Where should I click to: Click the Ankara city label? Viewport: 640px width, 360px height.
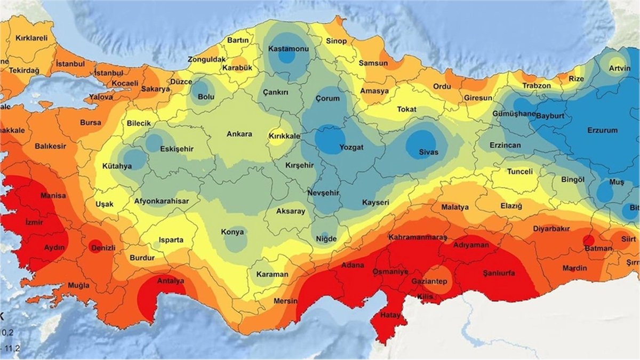pos(239,134)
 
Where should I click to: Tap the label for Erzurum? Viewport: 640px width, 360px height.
pos(602,130)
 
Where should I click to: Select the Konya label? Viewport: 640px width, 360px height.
pos(233,232)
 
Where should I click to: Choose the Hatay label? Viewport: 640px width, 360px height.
pos(390,315)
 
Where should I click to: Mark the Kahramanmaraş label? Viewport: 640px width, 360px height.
pos(418,237)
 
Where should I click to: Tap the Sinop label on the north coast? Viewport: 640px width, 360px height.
pos(337,41)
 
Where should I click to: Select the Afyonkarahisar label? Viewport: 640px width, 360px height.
pos(158,201)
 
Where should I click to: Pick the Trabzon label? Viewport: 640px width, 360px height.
pos(536,85)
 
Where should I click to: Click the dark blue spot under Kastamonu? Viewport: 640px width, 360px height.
pos(287,55)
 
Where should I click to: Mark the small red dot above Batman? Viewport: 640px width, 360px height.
pos(589,240)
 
